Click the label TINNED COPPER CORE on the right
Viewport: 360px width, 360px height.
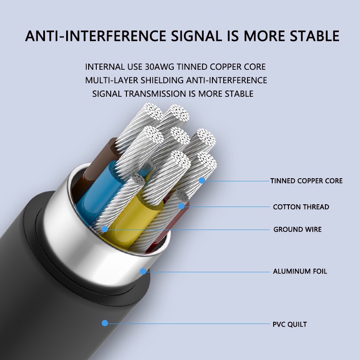[x=306, y=181]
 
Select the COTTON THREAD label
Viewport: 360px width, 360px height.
[x=301, y=207]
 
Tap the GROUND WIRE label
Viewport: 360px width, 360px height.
[x=297, y=229]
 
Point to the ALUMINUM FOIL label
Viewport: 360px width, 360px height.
[x=300, y=271]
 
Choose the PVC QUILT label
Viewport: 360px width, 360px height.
[x=290, y=324]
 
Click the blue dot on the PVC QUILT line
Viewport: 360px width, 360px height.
[x=105, y=323]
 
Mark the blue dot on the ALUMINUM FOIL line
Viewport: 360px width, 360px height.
[x=143, y=271]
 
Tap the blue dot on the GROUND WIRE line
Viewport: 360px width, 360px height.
[x=105, y=229]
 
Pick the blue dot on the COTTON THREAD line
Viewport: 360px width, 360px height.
[x=181, y=206]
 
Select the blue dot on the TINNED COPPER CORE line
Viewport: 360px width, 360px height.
[x=202, y=180]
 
